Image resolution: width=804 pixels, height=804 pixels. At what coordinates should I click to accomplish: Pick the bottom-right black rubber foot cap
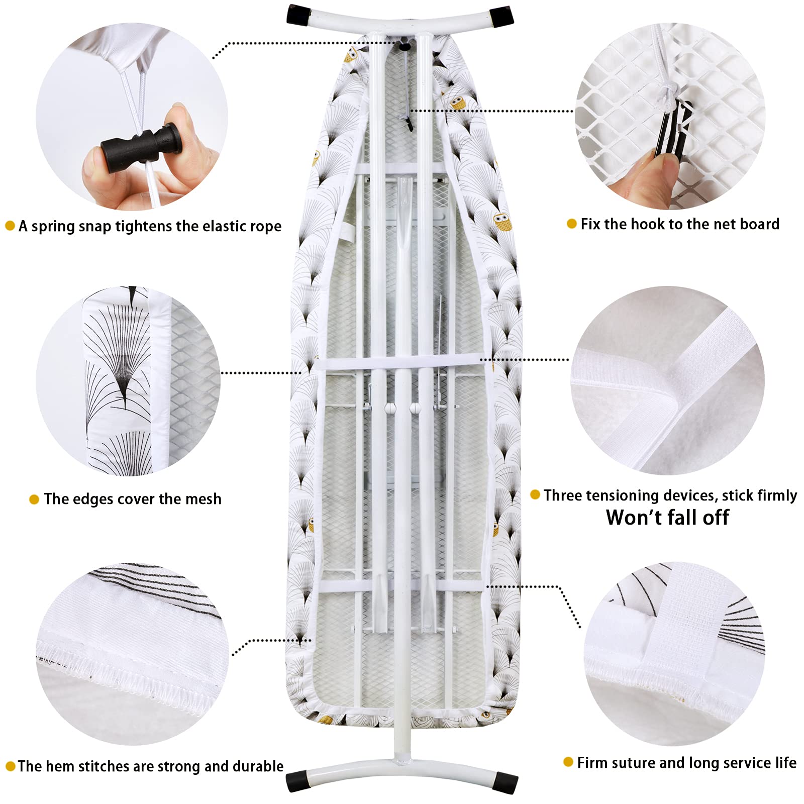tap(506, 781)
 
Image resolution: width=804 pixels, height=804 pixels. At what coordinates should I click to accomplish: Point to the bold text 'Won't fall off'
tap(667, 518)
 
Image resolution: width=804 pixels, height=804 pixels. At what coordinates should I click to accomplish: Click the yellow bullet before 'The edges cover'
tap(34, 499)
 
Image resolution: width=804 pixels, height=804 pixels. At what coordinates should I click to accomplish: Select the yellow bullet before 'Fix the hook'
tap(571, 224)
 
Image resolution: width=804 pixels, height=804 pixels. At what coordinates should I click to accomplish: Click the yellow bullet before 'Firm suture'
tap(568, 762)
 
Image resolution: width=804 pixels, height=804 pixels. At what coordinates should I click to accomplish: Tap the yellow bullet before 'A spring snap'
tap(10, 226)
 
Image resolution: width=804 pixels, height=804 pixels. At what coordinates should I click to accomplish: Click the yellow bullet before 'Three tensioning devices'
tap(535, 495)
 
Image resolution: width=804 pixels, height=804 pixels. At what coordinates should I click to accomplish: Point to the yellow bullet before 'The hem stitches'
tap(10, 767)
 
